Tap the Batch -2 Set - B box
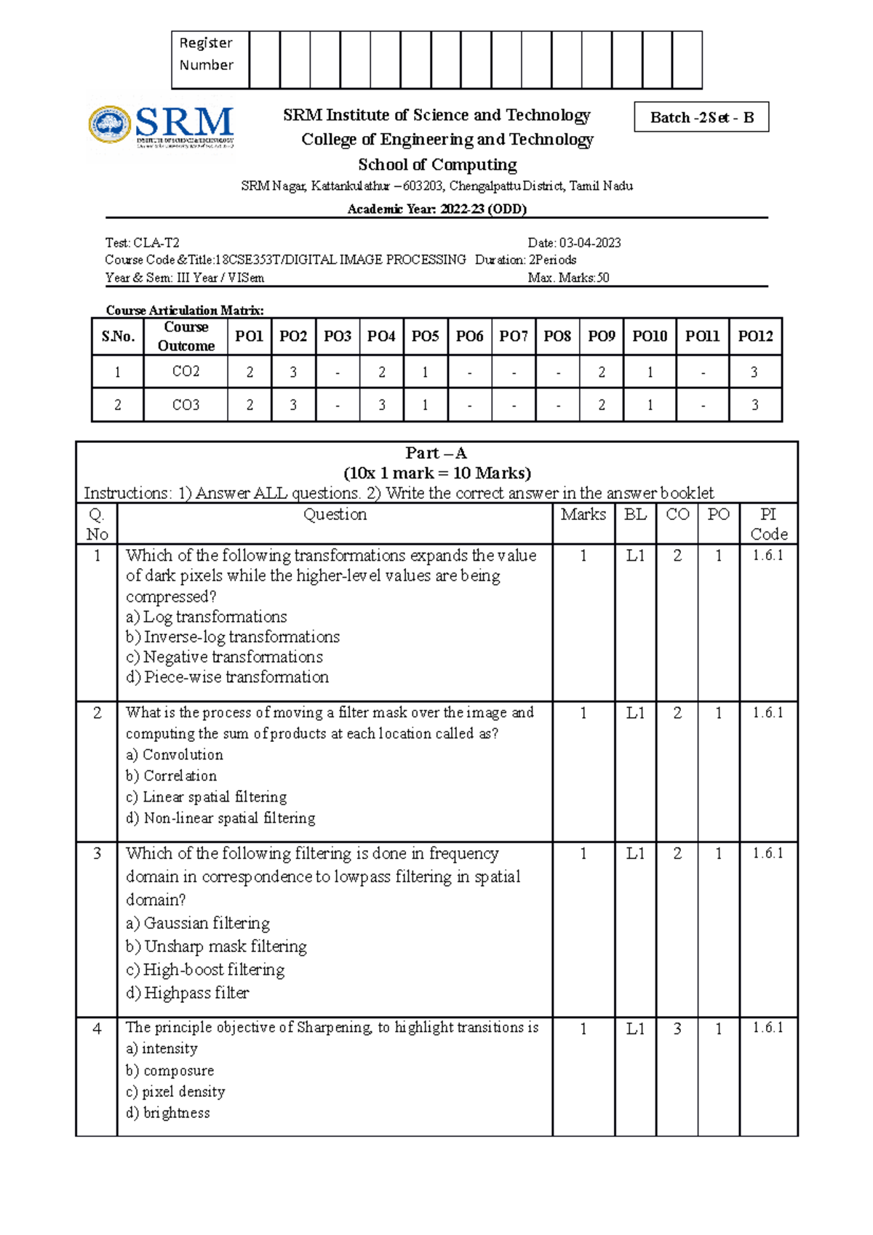click(x=701, y=117)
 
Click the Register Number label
click(x=207, y=55)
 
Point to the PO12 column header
click(x=755, y=336)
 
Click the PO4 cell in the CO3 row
click(x=381, y=405)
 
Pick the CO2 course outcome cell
click(x=186, y=372)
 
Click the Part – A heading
click(x=436, y=453)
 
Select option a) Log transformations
click(x=207, y=617)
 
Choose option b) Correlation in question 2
click(x=172, y=776)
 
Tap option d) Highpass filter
click(x=188, y=993)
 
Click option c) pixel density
click(x=175, y=1092)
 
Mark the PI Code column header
click(x=769, y=524)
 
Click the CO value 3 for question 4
click(x=677, y=1028)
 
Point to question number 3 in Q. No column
click(x=97, y=853)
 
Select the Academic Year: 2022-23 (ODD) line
click(x=436, y=209)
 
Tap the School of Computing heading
click(x=437, y=164)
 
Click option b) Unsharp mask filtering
click(x=216, y=946)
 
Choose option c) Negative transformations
click(x=224, y=657)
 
